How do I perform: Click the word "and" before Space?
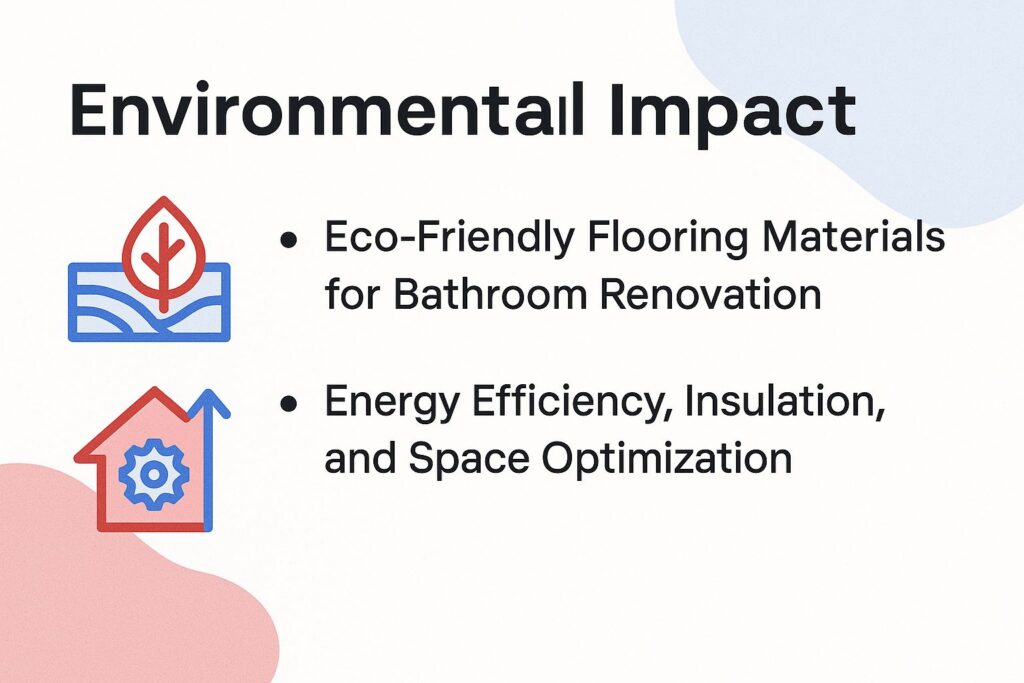[x=357, y=459]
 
